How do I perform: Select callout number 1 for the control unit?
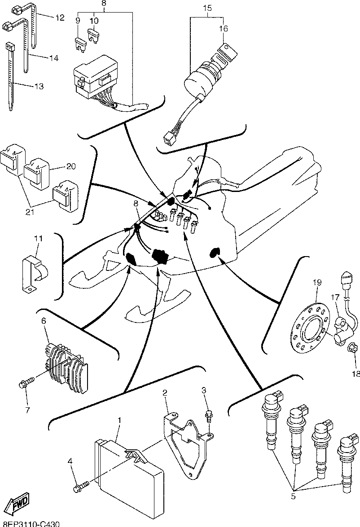(119, 420)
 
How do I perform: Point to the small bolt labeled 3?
(209, 415)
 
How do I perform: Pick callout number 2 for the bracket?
(165, 393)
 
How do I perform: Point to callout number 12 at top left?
(60, 18)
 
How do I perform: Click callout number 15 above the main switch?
(207, 8)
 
